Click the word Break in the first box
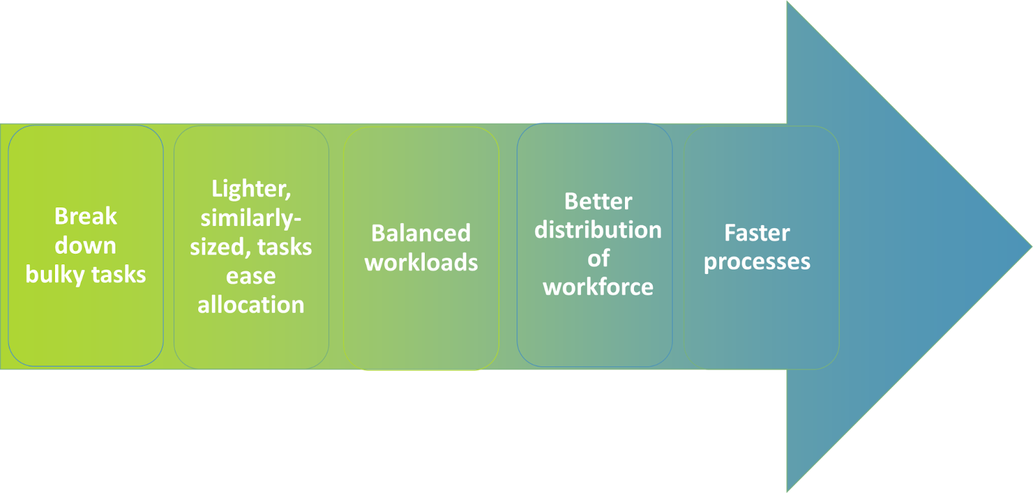[x=86, y=216]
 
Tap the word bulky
[x=56, y=275]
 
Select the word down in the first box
[x=85, y=245]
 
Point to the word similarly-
[x=251, y=218]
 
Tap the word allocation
[x=251, y=305]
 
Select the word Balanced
[x=421, y=233]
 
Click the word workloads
[x=421, y=262]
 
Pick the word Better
[x=598, y=201]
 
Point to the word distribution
[x=598, y=229]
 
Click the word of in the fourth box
[x=598, y=258]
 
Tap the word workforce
[x=598, y=287]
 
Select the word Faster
[x=757, y=233]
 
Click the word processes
[x=757, y=262]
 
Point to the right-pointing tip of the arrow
[x=1031, y=247]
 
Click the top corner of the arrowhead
[x=787, y=1]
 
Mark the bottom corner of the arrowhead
[x=787, y=492]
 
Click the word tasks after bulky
[x=119, y=275]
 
